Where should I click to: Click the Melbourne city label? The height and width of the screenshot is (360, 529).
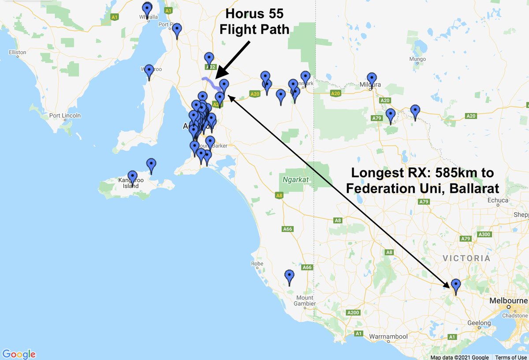(x=508, y=301)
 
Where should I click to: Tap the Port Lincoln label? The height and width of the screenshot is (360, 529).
(x=65, y=116)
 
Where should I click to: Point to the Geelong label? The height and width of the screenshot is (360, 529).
(x=478, y=323)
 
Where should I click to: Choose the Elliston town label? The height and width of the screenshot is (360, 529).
(x=17, y=52)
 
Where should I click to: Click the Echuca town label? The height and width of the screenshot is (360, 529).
(x=499, y=200)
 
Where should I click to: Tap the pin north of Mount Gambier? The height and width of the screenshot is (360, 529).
(x=290, y=277)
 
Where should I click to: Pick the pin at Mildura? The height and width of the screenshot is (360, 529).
(x=371, y=80)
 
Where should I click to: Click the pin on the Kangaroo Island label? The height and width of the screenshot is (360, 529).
(x=132, y=178)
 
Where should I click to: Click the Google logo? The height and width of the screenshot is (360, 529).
(x=19, y=354)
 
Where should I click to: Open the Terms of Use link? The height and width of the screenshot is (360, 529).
(x=510, y=357)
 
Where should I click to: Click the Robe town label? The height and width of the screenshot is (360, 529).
(x=257, y=264)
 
